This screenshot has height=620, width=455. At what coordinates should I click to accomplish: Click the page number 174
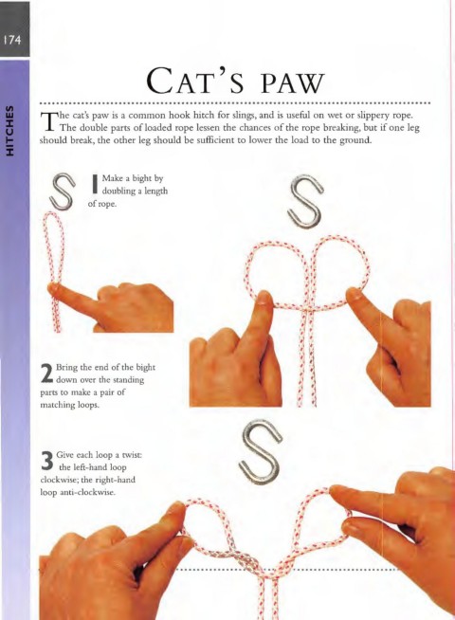[x=12, y=40]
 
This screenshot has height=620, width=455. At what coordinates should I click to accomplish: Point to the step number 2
[x=46, y=374]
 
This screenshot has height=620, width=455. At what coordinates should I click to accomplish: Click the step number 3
[x=47, y=461]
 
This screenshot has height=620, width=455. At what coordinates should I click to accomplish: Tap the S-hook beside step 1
[x=64, y=191]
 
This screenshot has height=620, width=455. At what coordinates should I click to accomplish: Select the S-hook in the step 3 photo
[x=261, y=453]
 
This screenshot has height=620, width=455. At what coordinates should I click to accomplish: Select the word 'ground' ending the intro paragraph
[x=355, y=140]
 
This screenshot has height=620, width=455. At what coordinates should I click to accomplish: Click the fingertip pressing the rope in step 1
[x=54, y=288]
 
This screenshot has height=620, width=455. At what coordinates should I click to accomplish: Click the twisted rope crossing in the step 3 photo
[x=246, y=560]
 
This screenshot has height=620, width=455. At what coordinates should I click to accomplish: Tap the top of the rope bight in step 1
[x=51, y=213]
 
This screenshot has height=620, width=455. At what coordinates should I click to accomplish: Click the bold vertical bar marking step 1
[x=95, y=184]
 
